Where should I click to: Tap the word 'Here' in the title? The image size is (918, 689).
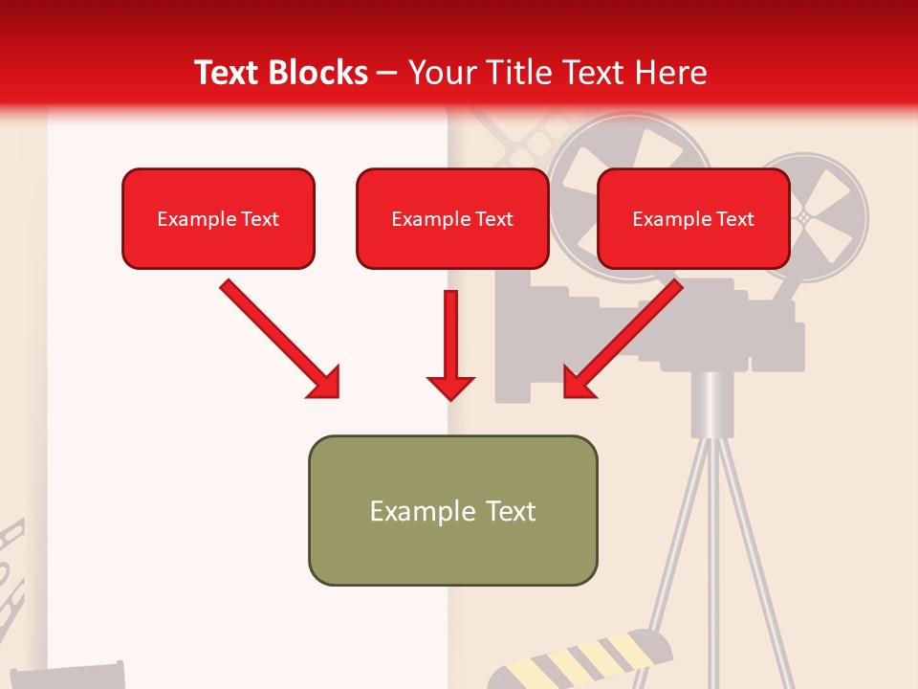click(671, 73)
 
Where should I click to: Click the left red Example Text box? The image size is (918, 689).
click(218, 219)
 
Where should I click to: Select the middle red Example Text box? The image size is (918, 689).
click(452, 219)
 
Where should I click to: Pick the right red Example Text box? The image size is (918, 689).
click(693, 219)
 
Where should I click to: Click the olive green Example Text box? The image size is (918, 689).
click(452, 511)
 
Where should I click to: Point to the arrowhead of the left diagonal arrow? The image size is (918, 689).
click(323, 382)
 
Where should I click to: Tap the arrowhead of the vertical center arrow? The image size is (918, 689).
click(450, 388)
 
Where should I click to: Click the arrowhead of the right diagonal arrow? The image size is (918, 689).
click(579, 382)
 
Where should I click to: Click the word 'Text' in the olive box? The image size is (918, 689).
click(508, 511)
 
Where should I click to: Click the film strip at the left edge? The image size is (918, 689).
click(11, 574)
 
